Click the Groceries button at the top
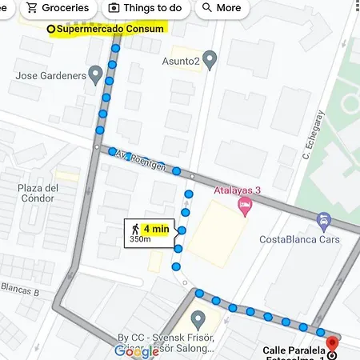click(x=57, y=8)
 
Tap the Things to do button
click(x=146, y=8)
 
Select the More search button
click(x=221, y=8)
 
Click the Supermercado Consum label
click(x=110, y=30)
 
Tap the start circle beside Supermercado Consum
click(x=51, y=30)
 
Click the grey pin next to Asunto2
click(x=210, y=60)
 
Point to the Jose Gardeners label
click(x=51, y=76)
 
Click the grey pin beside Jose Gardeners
click(x=95, y=76)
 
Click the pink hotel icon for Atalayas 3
click(x=245, y=206)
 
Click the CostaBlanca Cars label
click(x=299, y=239)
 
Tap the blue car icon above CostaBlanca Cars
click(x=323, y=220)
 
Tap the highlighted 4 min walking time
click(x=156, y=229)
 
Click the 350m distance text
click(x=141, y=239)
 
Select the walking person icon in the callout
click(x=134, y=230)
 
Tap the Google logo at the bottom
click(x=136, y=350)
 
